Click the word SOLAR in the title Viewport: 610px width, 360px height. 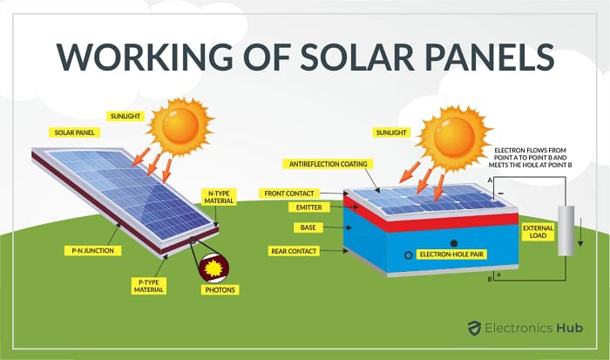point(356,57)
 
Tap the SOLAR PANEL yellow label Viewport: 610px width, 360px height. point(74,132)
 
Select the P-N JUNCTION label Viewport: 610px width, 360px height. point(93,251)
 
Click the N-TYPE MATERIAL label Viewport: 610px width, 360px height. point(219,197)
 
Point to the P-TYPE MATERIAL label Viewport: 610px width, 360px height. point(149,286)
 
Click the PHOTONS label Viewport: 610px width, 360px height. point(220,290)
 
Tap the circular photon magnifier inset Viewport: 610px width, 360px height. point(213,268)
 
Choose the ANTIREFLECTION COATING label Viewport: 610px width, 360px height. point(328,164)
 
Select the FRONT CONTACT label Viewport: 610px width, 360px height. point(289,194)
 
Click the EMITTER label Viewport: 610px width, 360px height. point(308,207)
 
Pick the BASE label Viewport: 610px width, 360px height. point(308,228)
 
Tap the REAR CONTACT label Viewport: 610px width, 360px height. point(294,251)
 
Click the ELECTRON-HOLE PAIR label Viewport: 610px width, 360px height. point(451,255)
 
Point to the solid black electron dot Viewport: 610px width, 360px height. point(454,243)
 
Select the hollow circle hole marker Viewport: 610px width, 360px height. point(408,255)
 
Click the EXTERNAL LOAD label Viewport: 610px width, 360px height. point(538,232)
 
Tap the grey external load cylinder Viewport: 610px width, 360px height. point(566,231)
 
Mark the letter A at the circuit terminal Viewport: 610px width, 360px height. point(490,180)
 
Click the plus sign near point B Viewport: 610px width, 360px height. point(498,275)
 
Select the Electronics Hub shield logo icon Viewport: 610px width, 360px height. point(474,328)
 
